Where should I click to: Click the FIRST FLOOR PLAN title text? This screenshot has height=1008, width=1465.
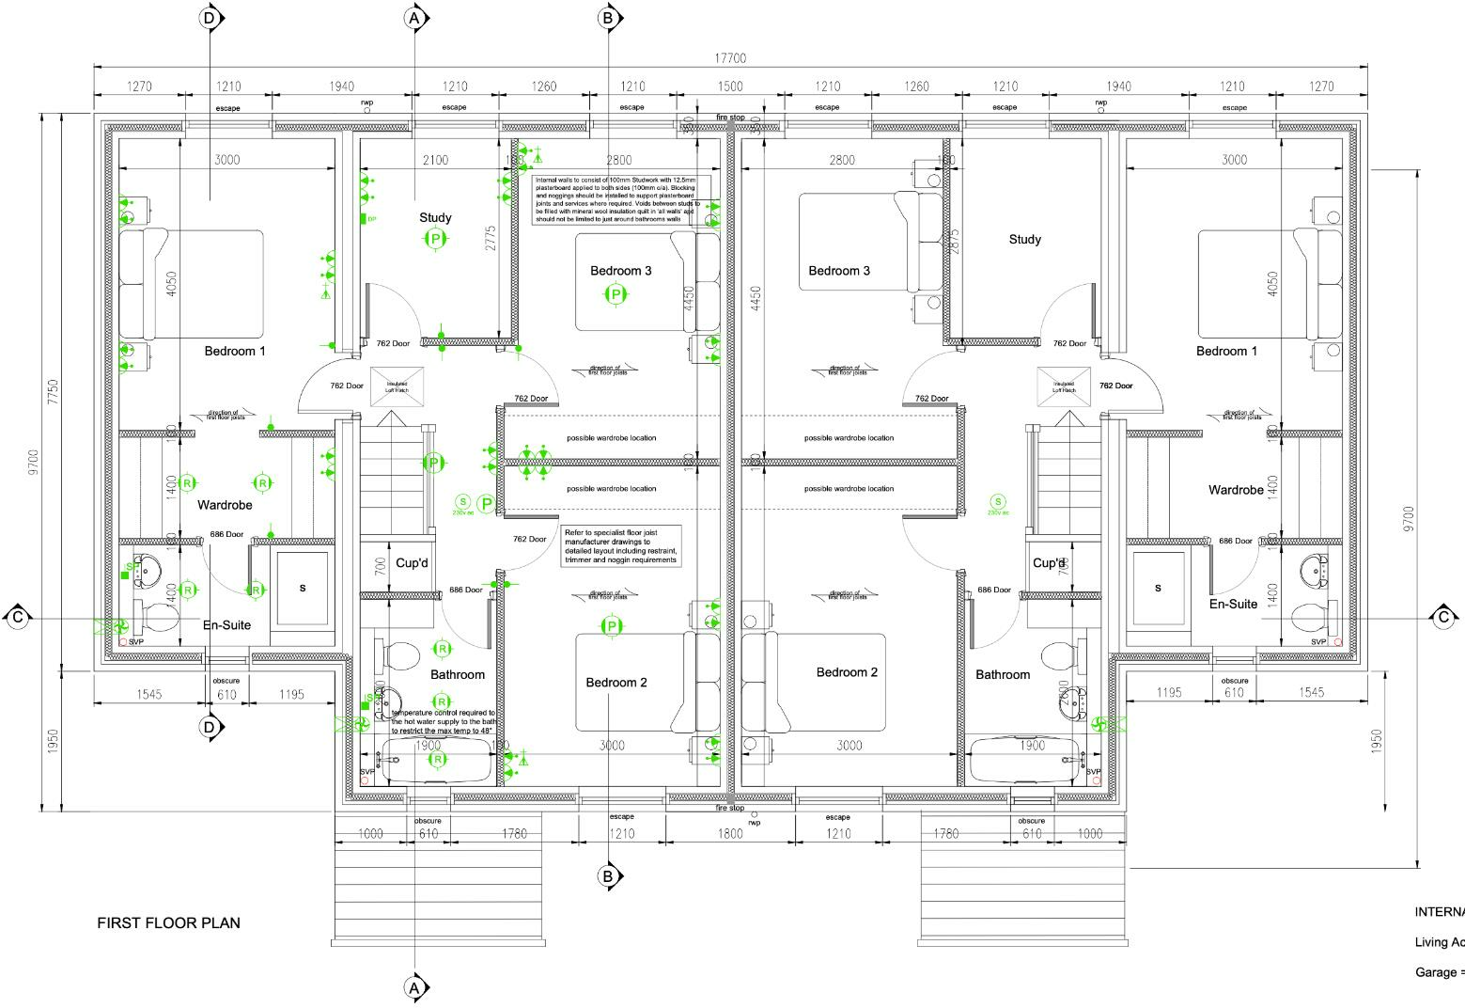pyautogui.click(x=169, y=922)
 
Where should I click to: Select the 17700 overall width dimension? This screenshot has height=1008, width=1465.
pyautogui.click(x=730, y=58)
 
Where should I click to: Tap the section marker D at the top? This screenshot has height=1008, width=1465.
pyautogui.click(x=209, y=18)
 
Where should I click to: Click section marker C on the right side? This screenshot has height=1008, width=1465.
pyautogui.click(x=1443, y=617)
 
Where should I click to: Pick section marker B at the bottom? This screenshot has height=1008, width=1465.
pyautogui.click(x=608, y=876)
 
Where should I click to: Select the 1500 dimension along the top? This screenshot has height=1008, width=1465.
pyautogui.click(x=730, y=87)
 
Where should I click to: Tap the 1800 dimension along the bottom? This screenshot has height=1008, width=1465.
pyautogui.click(x=730, y=833)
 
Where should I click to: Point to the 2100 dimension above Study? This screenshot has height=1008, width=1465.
pyautogui.click(x=435, y=160)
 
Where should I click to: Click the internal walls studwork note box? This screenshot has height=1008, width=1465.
pyautogui.click(x=621, y=199)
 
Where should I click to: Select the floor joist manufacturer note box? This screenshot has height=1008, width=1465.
pyautogui.click(x=620, y=546)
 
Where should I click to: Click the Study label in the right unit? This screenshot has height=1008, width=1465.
pyautogui.click(x=1024, y=239)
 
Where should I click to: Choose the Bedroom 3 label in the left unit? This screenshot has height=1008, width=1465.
pyautogui.click(x=620, y=271)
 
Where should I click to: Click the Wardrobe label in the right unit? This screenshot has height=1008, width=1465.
pyautogui.click(x=1236, y=490)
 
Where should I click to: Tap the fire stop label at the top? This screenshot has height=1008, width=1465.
pyautogui.click(x=730, y=118)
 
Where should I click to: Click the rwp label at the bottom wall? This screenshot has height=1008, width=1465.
pyautogui.click(x=754, y=823)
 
